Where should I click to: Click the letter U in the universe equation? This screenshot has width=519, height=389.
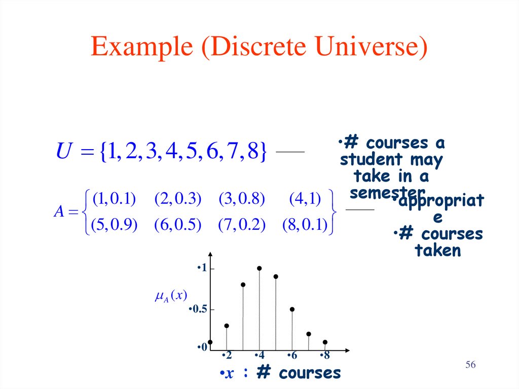[x=63, y=152]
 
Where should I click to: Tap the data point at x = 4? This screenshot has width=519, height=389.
[x=259, y=268]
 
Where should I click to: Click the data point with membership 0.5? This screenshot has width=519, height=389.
[x=292, y=309]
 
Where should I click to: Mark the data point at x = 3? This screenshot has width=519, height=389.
[x=243, y=285]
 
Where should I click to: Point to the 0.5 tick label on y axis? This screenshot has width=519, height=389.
[x=198, y=309]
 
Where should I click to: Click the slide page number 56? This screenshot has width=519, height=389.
[x=470, y=365]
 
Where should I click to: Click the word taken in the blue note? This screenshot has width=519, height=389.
[x=438, y=250]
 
